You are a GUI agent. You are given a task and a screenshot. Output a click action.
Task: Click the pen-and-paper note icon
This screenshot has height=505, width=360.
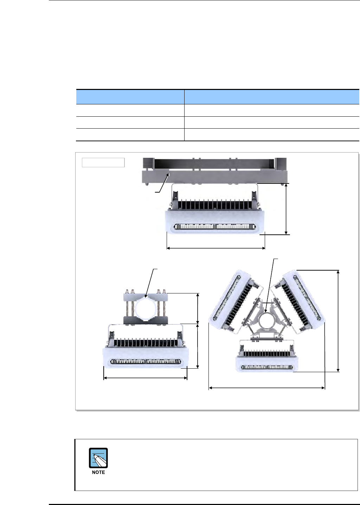tap(98, 458)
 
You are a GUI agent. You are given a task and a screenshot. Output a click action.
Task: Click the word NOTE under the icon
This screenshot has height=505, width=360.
tap(98, 472)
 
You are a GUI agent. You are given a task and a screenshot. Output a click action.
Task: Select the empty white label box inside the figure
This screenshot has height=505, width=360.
tap(103, 163)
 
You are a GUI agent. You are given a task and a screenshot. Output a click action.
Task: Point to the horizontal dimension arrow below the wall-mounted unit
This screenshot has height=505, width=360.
tap(216, 248)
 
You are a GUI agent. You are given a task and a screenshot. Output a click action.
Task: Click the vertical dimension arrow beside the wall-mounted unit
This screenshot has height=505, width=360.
tap(286, 209)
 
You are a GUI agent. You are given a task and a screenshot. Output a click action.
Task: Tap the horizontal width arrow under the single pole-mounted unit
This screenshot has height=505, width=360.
tap(145, 378)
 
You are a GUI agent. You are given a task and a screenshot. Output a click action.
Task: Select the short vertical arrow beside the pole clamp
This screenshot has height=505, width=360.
tap(198, 309)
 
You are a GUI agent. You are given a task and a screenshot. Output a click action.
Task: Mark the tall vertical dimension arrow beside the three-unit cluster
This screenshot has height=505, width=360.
tap(338, 321)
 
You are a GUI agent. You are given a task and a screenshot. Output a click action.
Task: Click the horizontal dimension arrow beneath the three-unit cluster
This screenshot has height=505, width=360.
tap(267, 388)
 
